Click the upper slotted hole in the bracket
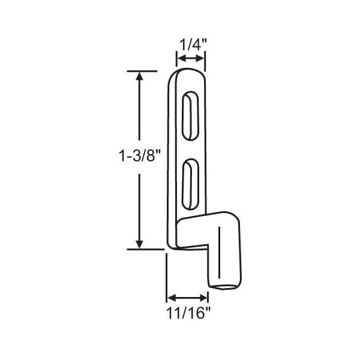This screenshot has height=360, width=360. coord(190,116)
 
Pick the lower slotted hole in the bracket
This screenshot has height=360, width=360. coord(190,184)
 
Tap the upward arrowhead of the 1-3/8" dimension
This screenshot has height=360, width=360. coord(139,76)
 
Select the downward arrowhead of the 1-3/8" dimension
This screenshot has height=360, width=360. coord(139,244)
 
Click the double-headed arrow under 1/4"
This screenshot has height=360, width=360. coord(191,59)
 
